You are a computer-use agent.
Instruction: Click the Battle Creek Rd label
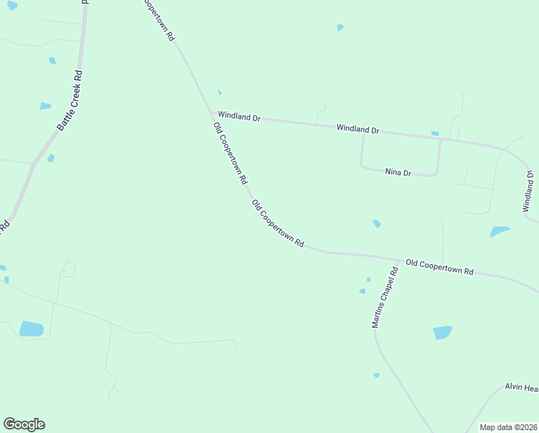pos(70,100)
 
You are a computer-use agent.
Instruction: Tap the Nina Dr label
pos(398,172)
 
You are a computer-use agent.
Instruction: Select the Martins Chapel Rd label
pos(385,298)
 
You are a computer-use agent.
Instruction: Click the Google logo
pos(24,424)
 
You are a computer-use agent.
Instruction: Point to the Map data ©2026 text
pos(509,427)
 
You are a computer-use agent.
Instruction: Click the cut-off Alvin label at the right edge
pos(521,388)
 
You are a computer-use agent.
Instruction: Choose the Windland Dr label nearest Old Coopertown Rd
pos(239,115)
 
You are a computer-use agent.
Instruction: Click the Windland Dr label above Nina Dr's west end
pos(357,129)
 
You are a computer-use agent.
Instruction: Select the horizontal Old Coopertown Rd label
pos(440,267)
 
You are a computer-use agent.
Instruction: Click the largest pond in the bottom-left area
pos(32,329)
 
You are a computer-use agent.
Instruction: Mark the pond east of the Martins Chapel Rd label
pos(442,332)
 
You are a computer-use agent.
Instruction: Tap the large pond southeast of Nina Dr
pos(499,232)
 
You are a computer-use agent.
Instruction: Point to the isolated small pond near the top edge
pos(340,27)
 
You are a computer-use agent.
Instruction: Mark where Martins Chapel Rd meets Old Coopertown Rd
pos(400,261)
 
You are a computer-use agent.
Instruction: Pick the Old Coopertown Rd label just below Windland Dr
pos(231,152)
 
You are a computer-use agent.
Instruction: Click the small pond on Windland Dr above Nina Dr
pos(435,134)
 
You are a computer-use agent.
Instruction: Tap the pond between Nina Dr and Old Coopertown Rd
pos(376,224)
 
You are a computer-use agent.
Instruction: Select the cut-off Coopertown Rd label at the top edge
pos(159,19)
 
